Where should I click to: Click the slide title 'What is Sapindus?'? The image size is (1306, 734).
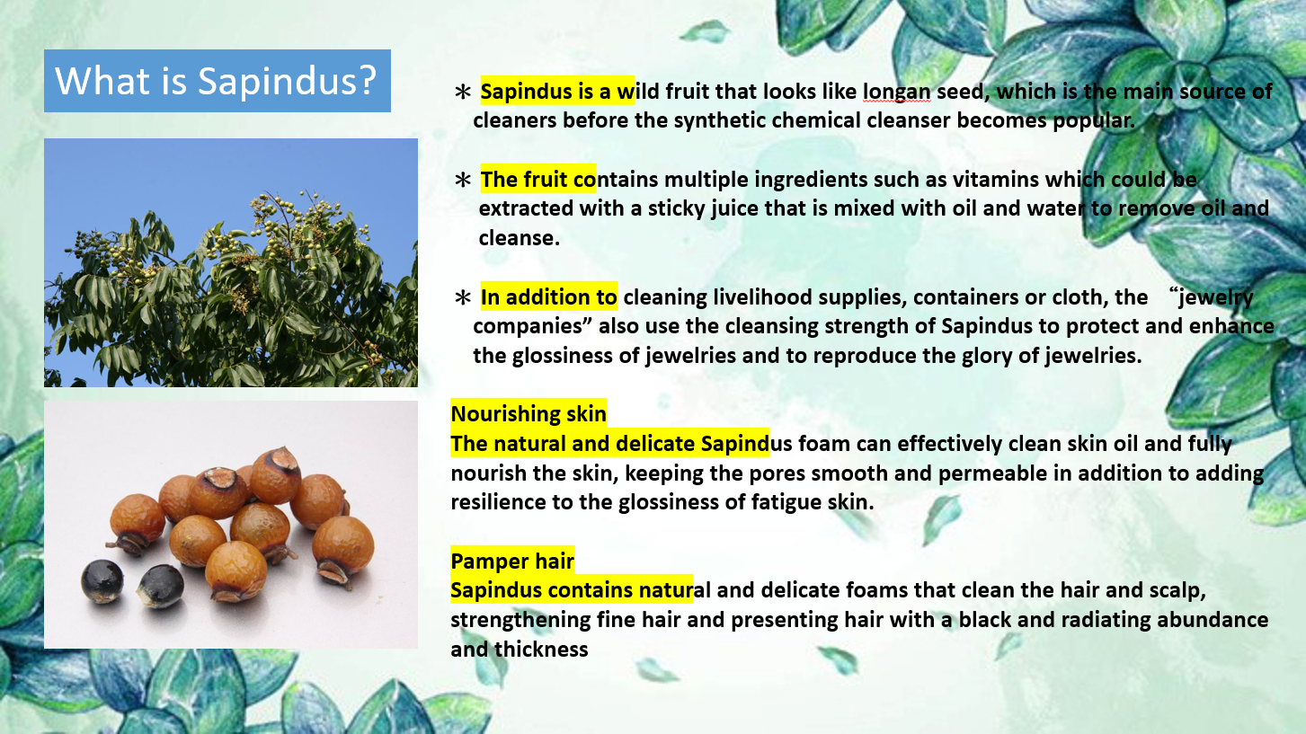216,80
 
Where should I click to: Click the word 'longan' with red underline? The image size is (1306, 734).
897,92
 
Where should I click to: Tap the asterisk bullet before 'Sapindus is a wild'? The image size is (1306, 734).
463,92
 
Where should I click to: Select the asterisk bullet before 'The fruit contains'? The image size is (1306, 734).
463,180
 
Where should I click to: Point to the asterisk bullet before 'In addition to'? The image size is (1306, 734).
463,297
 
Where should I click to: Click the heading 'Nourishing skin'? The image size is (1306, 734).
529,414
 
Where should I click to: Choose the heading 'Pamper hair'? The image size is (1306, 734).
512,562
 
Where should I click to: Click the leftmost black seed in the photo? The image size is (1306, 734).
102,580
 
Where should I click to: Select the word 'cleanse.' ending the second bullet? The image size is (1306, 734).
519,238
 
